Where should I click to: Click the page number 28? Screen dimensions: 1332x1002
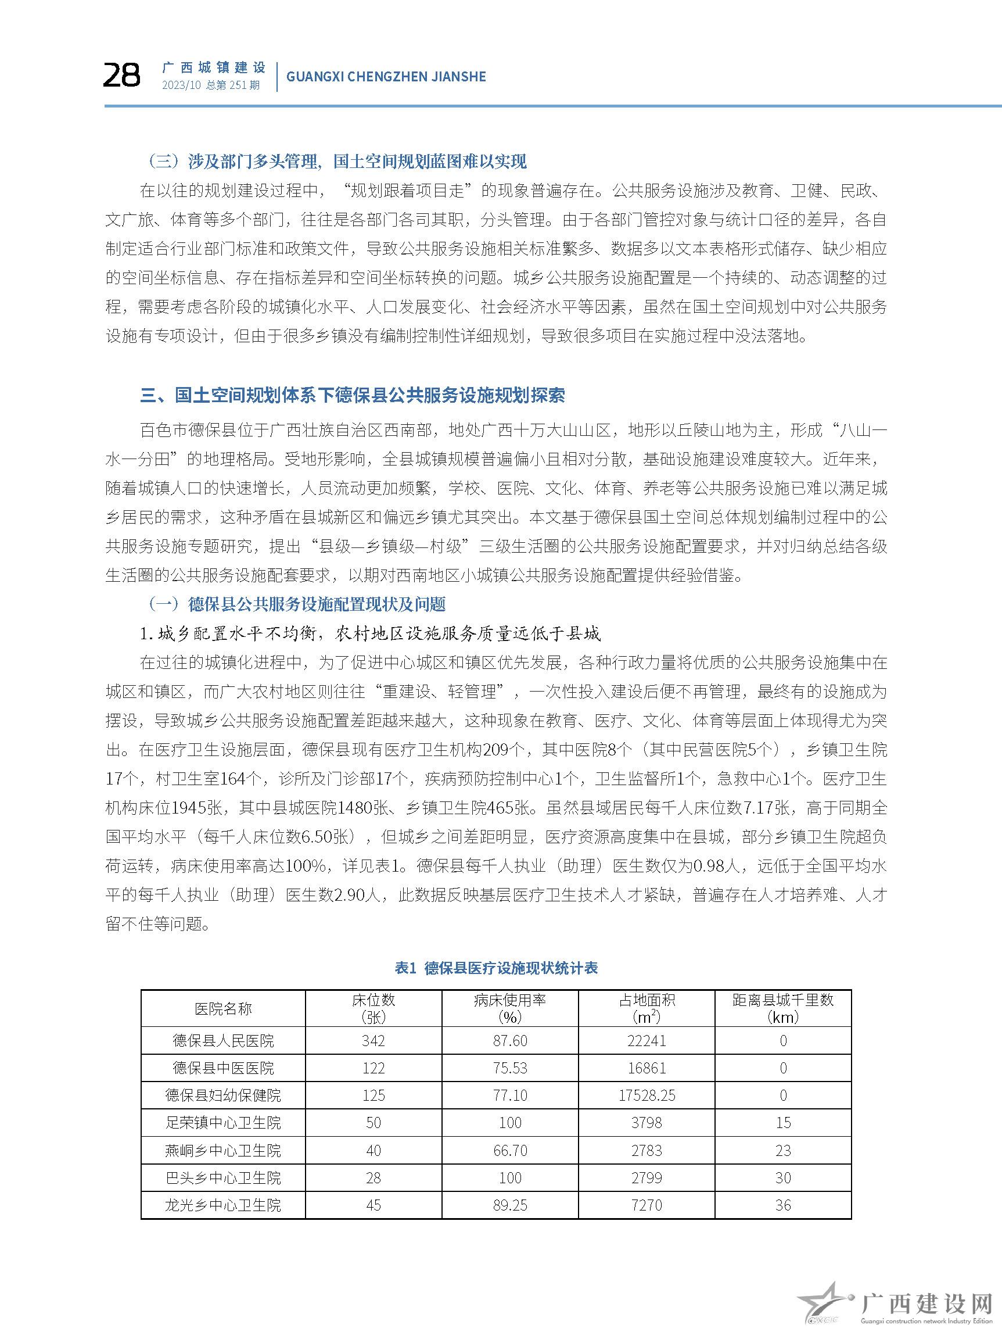point(121,76)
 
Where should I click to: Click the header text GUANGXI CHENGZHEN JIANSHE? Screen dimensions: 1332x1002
point(386,77)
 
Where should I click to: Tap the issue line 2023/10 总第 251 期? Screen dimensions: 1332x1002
point(211,85)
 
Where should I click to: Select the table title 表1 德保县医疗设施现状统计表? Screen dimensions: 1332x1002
point(496,968)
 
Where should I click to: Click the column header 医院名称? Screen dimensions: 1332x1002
point(222,1009)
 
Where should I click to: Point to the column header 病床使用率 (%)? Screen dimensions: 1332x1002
point(510,1009)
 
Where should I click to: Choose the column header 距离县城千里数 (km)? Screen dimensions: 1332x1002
point(783,1009)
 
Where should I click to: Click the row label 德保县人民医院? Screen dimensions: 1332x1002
point(222,1040)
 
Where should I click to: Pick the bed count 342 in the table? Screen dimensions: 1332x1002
point(373,1040)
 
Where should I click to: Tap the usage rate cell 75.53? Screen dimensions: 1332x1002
point(510,1068)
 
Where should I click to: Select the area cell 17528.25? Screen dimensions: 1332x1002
point(647,1095)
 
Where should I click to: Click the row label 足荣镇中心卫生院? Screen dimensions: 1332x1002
point(222,1122)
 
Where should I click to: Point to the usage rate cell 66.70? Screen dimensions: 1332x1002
point(510,1150)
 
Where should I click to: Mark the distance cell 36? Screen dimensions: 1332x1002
point(783,1205)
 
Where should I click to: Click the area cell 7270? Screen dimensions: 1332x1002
point(647,1205)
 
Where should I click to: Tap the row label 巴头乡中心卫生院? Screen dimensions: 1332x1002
point(222,1178)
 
